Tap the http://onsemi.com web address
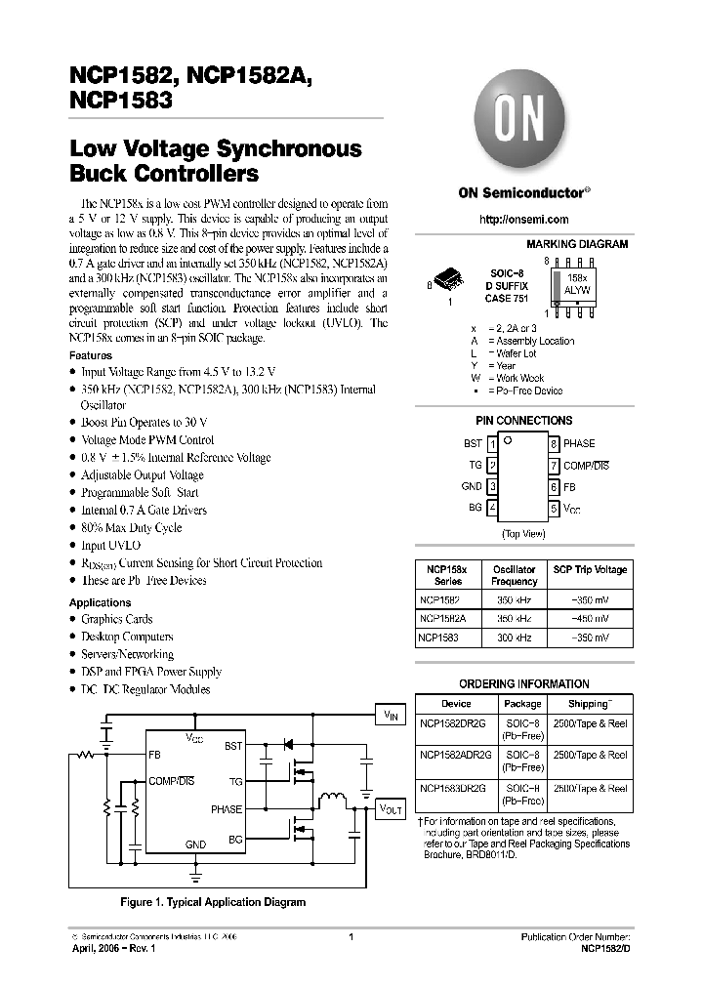coord(523,220)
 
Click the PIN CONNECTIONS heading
coord(523,420)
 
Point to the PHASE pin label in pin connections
coord(579,444)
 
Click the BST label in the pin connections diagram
coord(473,444)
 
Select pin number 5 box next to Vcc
coord(554,509)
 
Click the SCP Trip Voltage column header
coord(590,569)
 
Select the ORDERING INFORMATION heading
coord(523,684)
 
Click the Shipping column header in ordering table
coord(590,703)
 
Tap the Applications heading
coord(100,602)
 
